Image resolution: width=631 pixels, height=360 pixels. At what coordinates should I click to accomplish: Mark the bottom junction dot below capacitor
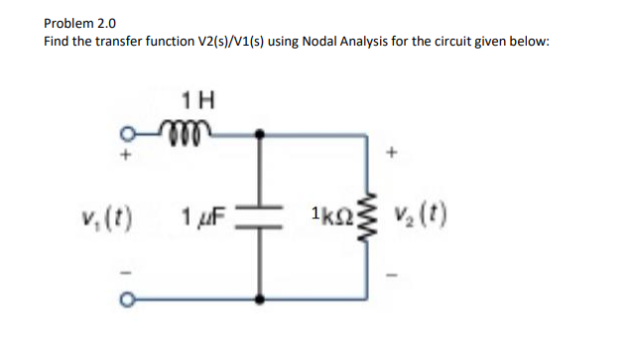coord(261,299)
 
